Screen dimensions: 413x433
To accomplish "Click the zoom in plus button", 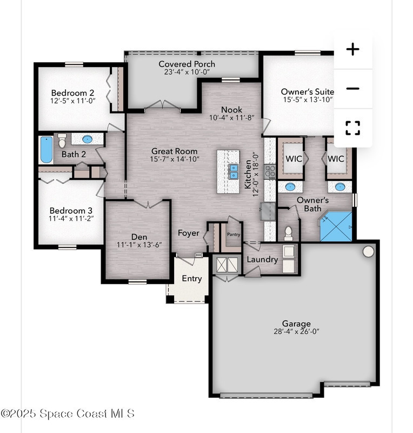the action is [x=353, y=49].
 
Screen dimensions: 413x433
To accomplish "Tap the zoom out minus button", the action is [x=353, y=89].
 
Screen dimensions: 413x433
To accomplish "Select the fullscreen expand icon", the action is [x=353, y=128].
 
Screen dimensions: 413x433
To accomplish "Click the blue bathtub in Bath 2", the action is [x=46, y=149].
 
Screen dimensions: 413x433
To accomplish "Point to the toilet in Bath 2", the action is [x=62, y=141].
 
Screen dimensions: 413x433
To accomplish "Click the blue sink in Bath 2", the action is [x=87, y=139].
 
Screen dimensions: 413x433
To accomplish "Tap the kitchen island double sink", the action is [x=234, y=171].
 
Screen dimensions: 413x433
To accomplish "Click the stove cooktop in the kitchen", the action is [x=270, y=172].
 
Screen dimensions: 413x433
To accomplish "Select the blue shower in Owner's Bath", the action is [x=336, y=226].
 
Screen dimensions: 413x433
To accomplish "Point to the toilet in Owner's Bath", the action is [x=288, y=233].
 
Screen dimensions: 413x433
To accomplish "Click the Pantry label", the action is [x=234, y=234].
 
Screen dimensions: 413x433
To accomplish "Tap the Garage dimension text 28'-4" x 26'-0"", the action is [x=296, y=331].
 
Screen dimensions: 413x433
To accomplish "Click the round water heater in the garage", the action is [x=368, y=251].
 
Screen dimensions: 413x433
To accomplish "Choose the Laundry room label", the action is [x=262, y=260].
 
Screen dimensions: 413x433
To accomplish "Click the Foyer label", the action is [x=189, y=233].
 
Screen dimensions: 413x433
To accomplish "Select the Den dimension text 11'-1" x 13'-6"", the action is [x=139, y=245].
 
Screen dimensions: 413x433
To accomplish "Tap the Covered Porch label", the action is [x=187, y=64].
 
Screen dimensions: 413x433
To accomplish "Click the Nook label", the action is [x=231, y=110].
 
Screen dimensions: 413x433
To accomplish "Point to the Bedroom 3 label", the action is [x=71, y=211].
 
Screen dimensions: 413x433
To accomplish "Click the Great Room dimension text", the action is [x=175, y=159].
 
